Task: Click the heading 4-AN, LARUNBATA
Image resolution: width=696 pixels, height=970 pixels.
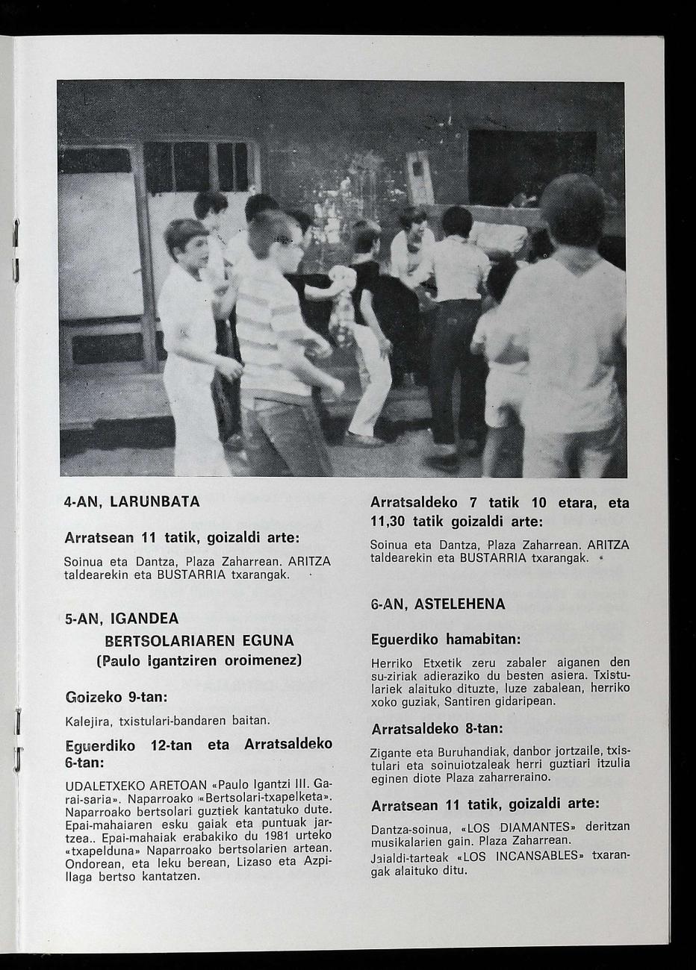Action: [131, 502]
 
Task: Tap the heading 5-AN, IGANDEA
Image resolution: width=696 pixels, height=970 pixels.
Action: [122, 619]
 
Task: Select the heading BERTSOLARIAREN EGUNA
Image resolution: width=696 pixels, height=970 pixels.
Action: [199, 640]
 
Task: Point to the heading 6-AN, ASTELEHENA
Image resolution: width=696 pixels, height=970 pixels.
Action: [438, 604]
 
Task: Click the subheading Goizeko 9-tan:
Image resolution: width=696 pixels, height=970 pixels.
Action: [116, 697]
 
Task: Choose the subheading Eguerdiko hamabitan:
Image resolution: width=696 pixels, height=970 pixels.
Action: [445, 639]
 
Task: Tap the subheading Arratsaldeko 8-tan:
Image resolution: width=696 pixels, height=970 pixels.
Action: [437, 727]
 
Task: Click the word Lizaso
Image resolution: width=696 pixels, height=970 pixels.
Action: [258, 862]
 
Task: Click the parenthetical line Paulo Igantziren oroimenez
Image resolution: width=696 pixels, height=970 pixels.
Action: [199, 661]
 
